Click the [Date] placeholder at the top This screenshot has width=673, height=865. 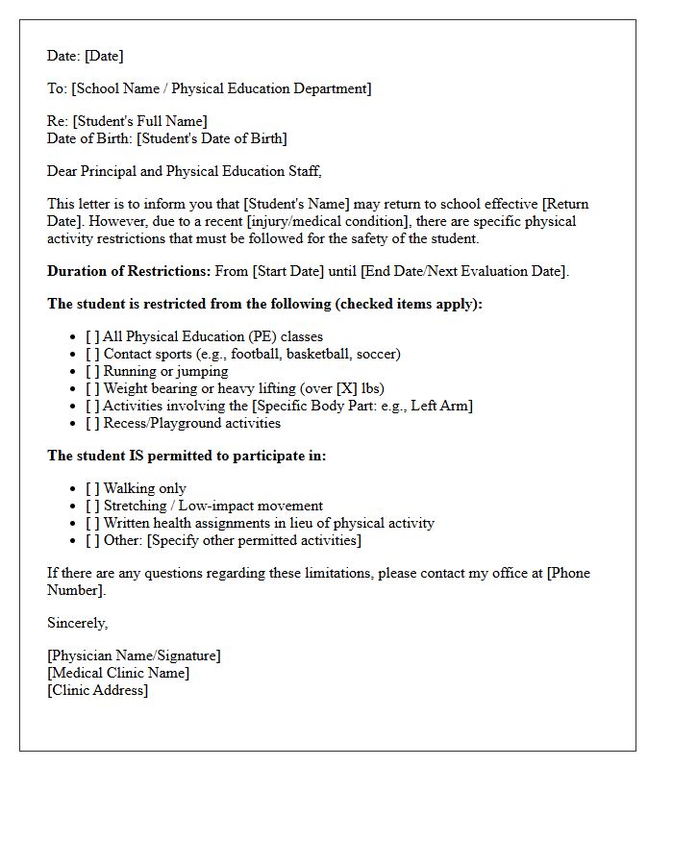point(104,56)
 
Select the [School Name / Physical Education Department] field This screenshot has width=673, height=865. point(221,88)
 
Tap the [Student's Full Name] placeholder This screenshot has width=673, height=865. point(139,121)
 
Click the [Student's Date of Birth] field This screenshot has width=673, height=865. point(212,138)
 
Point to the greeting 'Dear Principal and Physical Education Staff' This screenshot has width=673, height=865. point(184,171)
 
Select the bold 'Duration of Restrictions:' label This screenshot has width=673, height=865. point(129,271)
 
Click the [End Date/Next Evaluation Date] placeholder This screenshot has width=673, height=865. point(463,271)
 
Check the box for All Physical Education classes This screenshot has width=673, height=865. point(92,336)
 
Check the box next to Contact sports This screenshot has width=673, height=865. point(92,354)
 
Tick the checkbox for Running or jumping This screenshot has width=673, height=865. point(92,371)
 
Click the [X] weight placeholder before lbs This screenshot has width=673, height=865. point(346,388)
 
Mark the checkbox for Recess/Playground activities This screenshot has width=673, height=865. point(92,423)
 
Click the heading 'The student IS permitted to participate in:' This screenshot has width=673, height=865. point(187,456)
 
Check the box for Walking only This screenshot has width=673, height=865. point(92,488)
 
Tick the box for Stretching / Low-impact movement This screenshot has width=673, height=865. point(92,506)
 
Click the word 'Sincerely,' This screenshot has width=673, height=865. point(78,623)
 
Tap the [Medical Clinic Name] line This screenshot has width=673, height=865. point(118,673)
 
